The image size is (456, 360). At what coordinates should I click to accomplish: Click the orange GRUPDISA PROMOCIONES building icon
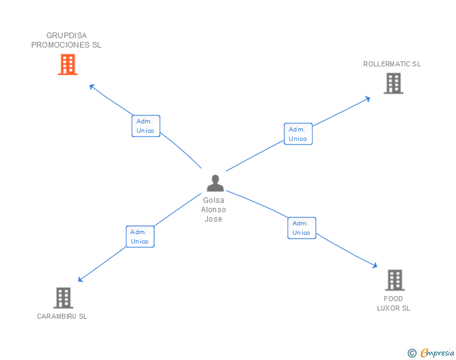pos(68,64)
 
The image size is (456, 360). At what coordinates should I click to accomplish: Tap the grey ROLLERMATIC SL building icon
pos(393,83)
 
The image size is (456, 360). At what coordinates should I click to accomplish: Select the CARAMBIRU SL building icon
pos(63,298)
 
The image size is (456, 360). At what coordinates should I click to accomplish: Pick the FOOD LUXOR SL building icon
pos(394,280)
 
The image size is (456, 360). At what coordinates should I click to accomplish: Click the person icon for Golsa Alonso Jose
pos(215,183)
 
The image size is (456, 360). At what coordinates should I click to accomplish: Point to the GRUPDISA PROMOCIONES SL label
pos(66,40)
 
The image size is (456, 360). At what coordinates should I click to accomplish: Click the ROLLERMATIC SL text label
pos(392,64)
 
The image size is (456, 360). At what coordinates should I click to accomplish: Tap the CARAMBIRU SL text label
pos(62,316)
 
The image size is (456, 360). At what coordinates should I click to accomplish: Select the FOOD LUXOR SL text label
pos(393,304)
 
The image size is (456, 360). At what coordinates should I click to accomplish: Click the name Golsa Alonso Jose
pos(214,210)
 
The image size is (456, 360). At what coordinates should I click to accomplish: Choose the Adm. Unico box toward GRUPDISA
pos(146,126)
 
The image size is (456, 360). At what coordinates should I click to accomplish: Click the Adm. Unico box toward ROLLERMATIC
pos(298,134)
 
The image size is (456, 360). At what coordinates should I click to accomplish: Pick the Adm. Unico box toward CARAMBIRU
pos(140,236)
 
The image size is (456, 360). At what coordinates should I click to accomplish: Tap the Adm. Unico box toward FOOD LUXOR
pos(301,228)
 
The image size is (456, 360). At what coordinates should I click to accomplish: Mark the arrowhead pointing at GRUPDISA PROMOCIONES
pos(91,86)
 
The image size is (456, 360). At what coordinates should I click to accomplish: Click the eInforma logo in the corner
pos(437,353)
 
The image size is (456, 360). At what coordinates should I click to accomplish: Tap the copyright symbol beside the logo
pos(412,353)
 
